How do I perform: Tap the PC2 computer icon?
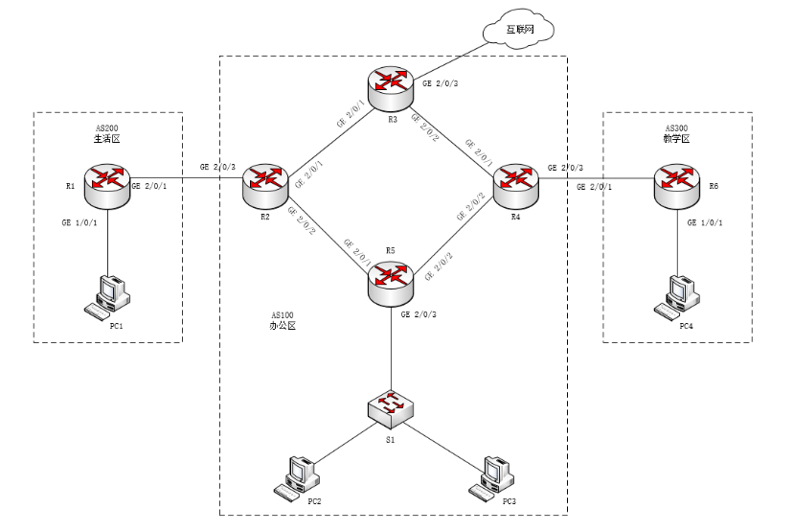click(295, 477)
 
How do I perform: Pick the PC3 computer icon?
click(489, 477)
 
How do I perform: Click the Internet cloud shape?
click(518, 29)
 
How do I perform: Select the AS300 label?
click(676, 127)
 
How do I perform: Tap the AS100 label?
click(283, 314)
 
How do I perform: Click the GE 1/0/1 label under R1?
click(79, 222)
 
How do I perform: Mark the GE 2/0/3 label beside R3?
click(441, 84)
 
